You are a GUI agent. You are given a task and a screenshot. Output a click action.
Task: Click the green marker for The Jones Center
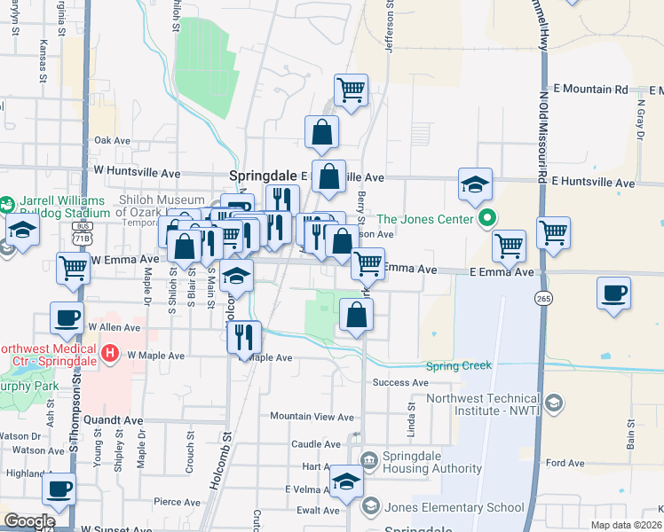pos(486,217)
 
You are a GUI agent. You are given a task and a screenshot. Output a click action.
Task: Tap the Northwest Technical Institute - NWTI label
pos(483,405)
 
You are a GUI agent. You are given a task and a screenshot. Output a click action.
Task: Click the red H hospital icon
pos(110,355)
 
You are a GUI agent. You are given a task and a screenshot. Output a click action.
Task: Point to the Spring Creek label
pos(459,365)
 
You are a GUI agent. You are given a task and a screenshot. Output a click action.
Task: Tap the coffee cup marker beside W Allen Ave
pos(66,320)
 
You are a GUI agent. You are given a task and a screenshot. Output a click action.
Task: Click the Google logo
pos(29,521)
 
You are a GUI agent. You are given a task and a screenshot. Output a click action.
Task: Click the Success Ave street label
pos(400,383)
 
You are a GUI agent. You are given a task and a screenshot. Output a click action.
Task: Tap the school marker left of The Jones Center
pos(475,185)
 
